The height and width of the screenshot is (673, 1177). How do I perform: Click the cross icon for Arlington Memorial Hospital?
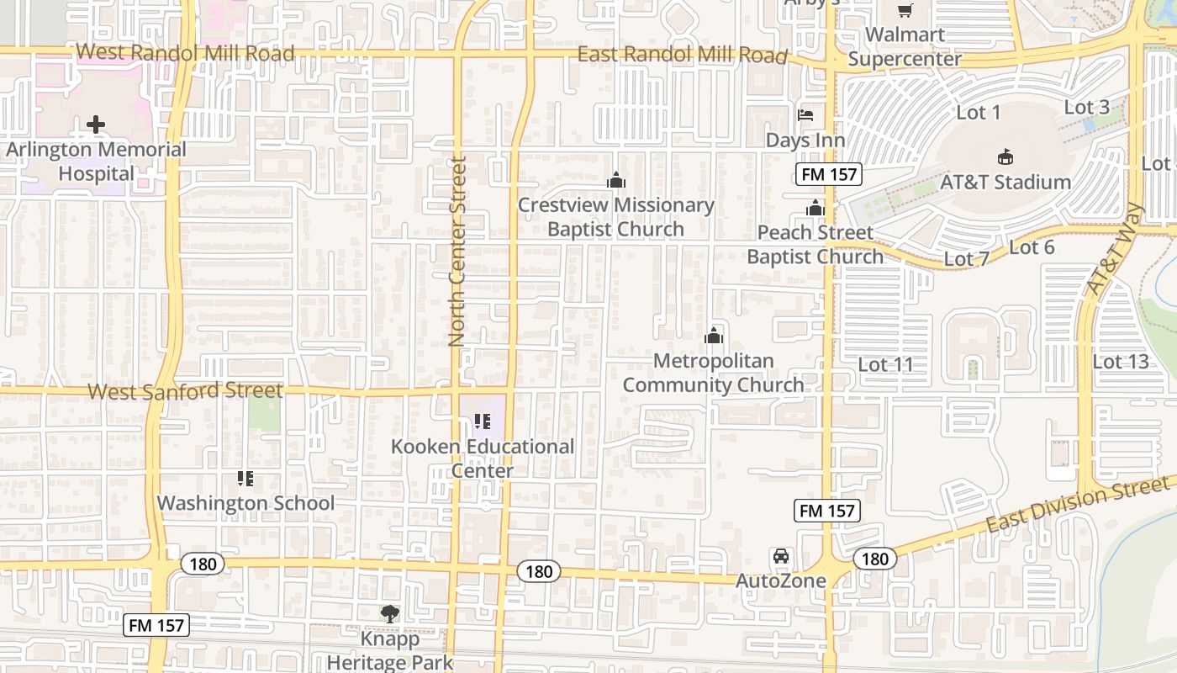pyautogui.click(x=96, y=125)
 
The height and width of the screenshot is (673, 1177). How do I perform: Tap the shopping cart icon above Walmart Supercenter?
pyautogui.click(x=905, y=11)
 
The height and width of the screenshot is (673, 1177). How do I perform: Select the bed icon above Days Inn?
pyautogui.click(x=805, y=115)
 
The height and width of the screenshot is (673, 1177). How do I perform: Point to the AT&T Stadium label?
pyautogui.click(x=1005, y=182)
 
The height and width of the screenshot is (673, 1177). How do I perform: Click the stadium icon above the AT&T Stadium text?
pyautogui.click(x=1005, y=156)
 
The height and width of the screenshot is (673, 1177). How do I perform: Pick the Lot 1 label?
pyautogui.click(x=979, y=112)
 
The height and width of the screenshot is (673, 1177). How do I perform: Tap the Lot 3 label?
pyautogui.click(x=1086, y=107)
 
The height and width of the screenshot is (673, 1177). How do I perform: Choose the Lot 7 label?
pyautogui.click(x=966, y=259)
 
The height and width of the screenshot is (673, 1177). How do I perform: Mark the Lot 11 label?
pyautogui.click(x=885, y=364)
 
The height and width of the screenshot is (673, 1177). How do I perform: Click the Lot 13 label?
pyautogui.click(x=1120, y=362)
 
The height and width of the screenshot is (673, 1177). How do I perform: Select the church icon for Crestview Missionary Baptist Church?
pyautogui.click(x=616, y=180)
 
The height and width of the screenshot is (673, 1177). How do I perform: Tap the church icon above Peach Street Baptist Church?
pyautogui.click(x=815, y=208)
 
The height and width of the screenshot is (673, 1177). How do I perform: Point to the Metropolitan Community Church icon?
pyautogui.click(x=714, y=336)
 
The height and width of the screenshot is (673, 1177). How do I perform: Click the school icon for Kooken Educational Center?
pyautogui.click(x=482, y=421)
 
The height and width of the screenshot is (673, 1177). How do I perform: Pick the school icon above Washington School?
pyautogui.click(x=245, y=479)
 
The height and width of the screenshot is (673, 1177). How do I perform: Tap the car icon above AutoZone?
pyautogui.click(x=781, y=556)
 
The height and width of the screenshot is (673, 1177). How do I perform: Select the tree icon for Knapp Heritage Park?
pyautogui.click(x=389, y=613)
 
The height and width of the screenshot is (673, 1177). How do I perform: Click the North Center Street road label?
pyautogui.click(x=457, y=251)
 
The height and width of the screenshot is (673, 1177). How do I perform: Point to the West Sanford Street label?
pyautogui.click(x=185, y=391)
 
